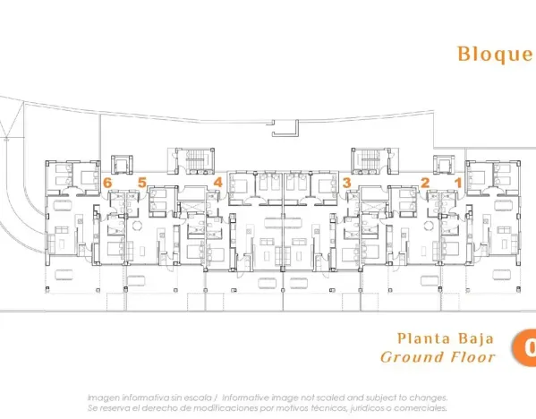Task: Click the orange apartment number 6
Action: [107, 183]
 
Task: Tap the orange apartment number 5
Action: [141, 183]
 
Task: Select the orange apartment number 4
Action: [217, 183]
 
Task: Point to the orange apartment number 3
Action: [346, 183]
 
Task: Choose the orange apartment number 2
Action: [425, 183]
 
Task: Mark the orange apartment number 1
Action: [459, 183]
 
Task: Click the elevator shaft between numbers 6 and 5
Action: [122, 164]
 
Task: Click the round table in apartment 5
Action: [137, 225]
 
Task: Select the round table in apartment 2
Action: [429, 225]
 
